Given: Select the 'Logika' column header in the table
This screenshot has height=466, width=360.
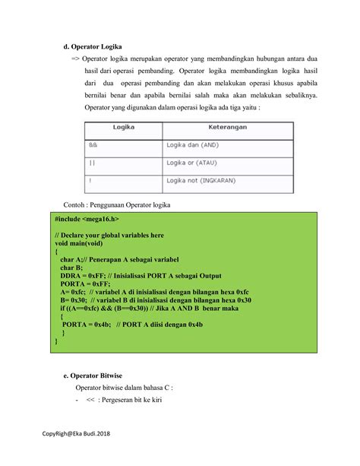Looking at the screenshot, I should tap(123, 127).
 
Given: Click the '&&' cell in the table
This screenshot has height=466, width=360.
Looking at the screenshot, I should tap(94, 144).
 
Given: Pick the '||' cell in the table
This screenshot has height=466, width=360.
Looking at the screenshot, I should tap(93, 163).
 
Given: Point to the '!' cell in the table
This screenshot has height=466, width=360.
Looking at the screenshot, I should tap(90, 181).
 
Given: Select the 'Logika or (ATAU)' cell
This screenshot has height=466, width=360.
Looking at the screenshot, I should tap(194, 163).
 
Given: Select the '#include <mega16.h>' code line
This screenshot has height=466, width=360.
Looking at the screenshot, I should tap(87, 218).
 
